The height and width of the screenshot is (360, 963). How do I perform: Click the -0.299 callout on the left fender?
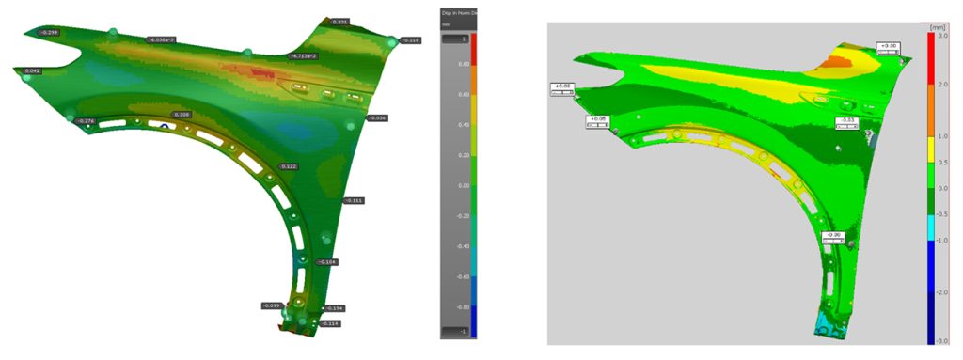(48, 32)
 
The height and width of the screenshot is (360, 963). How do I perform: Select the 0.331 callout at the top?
(340, 21)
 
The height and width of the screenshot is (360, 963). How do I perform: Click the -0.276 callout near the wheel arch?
(86, 121)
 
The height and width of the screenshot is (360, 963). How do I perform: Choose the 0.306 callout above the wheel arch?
(182, 114)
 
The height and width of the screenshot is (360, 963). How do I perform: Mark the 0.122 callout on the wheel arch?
(289, 166)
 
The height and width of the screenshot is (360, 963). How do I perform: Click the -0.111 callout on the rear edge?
(353, 200)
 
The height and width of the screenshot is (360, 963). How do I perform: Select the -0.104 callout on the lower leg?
(326, 262)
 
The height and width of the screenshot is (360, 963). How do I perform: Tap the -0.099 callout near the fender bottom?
(272, 305)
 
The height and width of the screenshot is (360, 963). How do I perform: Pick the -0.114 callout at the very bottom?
(329, 323)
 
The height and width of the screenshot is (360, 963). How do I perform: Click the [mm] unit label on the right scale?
(936, 28)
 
